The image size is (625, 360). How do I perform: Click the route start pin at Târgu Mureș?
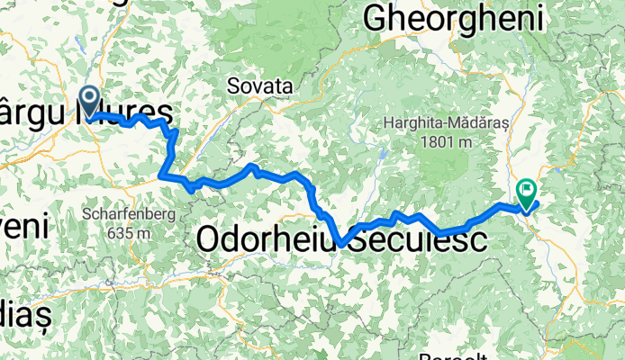coord(90,98)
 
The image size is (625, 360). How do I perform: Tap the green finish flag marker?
coord(527,191)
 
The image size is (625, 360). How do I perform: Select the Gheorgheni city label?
coord(454,17)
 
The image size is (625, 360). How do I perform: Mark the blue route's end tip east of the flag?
coord(538,202)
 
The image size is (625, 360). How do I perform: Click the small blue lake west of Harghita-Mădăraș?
coord(382,153)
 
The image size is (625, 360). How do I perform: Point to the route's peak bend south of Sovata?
coord(253,166)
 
